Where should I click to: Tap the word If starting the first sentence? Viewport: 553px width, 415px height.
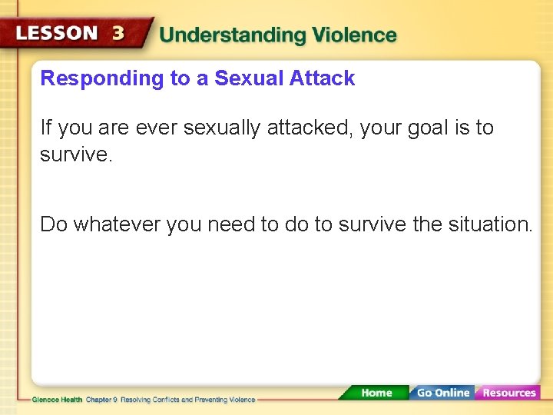[46, 128]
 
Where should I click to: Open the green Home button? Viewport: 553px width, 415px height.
[376, 393]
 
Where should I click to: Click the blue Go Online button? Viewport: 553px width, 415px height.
[442, 393]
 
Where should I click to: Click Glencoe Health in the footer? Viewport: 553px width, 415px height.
[58, 400]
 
